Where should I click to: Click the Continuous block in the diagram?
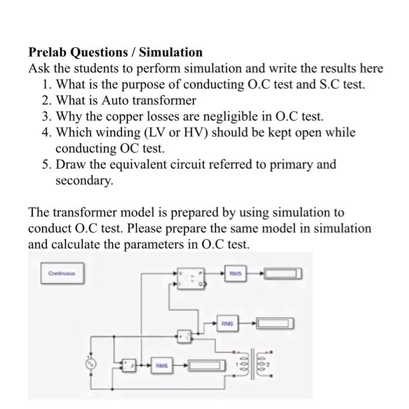click(x=62, y=273)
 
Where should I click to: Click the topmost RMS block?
click(x=235, y=273)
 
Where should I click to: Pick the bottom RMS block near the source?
click(x=160, y=366)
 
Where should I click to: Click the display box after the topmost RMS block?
click(x=283, y=273)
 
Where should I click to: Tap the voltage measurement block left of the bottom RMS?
click(x=127, y=366)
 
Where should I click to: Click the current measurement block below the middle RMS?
click(x=184, y=337)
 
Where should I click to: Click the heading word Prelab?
click(x=50, y=53)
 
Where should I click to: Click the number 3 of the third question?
click(x=46, y=116)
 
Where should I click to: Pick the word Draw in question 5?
click(x=72, y=164)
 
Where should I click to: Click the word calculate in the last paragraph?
click(x=75, y=244)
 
